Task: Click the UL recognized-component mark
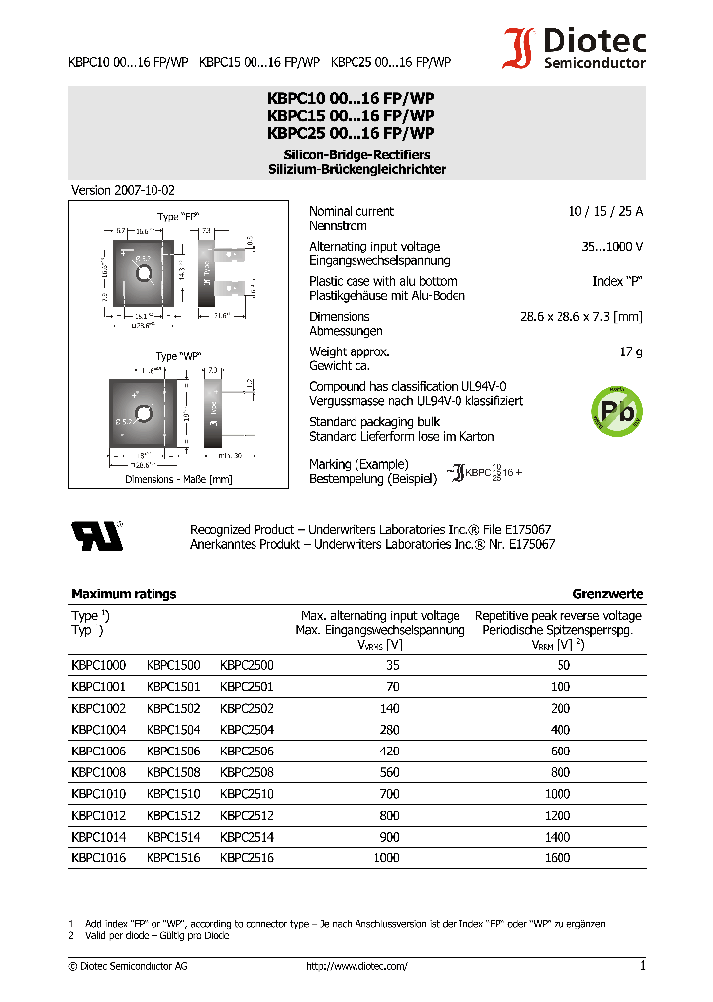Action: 97,535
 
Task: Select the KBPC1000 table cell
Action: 98,666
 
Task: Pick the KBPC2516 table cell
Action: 247,858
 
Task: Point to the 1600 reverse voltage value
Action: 558,858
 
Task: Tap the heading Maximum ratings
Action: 124,594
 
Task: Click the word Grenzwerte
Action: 607,594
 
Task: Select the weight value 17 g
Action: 630,351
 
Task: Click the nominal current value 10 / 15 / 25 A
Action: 605,211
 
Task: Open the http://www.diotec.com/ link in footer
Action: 356,966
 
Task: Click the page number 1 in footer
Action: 642,966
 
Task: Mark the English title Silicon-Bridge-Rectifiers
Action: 356,155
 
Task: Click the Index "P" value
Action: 617,281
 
